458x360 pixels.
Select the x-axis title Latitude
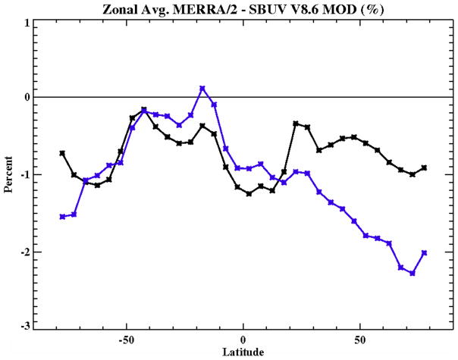[243, 352]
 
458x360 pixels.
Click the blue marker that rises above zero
[202, 89]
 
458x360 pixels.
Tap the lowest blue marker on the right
[412, 273]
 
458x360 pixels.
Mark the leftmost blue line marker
[62, 216]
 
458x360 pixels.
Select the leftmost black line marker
[62, 152]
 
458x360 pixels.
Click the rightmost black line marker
[424, 167]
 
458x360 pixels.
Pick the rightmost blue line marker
[424, 252]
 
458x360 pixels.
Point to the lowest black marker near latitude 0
[249, 193]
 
